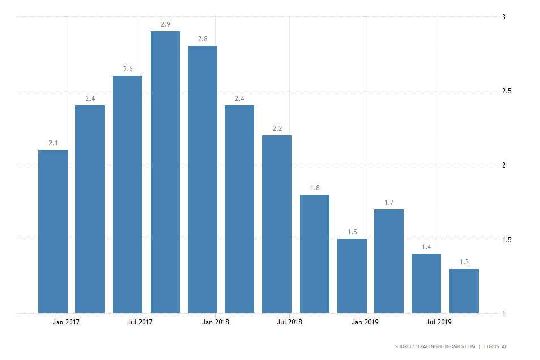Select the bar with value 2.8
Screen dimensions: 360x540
coord(203,179)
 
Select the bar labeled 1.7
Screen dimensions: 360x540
coord(389,261)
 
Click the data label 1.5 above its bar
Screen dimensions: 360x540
coord(352,232)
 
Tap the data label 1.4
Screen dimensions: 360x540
coord(426,247)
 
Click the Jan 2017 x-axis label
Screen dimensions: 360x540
coord(66,323)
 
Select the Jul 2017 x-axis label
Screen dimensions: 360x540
coord(141,323)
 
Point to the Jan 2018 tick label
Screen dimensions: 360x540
coord(216,323)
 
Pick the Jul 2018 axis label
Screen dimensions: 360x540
coord(290,323)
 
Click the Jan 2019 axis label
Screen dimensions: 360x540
coord(365,323)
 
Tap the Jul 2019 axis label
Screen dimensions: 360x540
coord(439,323)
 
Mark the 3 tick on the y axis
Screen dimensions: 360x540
coord(504,17)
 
